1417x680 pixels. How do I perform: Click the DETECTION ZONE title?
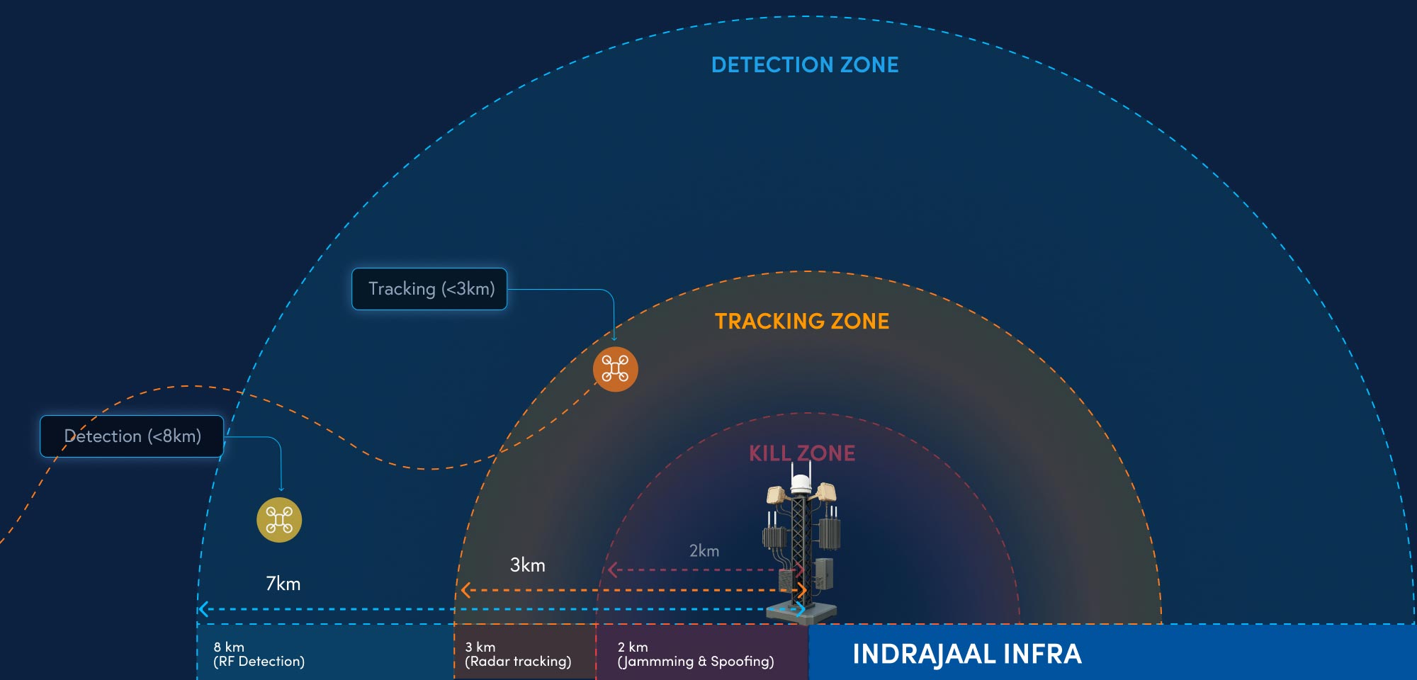[805, 65]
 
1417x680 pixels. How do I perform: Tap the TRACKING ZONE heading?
[802, 322]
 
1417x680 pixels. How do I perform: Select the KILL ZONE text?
[802, 453]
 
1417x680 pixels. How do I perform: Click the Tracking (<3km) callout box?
[429, 289]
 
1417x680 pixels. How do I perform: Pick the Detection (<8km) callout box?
[132, 436]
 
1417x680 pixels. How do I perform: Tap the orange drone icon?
[615, 369]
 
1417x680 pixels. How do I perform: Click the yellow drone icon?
[279, 520]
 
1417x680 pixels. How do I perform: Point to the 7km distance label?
[283, 584]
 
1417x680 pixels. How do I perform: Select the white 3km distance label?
[528, 565]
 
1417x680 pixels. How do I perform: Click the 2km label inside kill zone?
[704, 551]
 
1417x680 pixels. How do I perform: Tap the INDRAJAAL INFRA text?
[967, 654]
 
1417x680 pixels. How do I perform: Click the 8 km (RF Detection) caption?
[259, 654]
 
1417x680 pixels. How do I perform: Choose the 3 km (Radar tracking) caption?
[518, 654]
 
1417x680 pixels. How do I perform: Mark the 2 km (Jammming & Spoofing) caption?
[696, 654]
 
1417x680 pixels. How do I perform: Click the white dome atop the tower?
[801, 484]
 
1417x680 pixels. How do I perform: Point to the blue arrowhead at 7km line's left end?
[203, 609]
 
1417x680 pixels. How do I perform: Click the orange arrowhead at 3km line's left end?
[465, 590]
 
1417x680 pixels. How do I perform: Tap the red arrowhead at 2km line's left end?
[612, 570]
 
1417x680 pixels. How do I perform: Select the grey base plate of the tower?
[801, 613]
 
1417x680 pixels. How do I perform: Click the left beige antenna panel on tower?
[777, 494]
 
